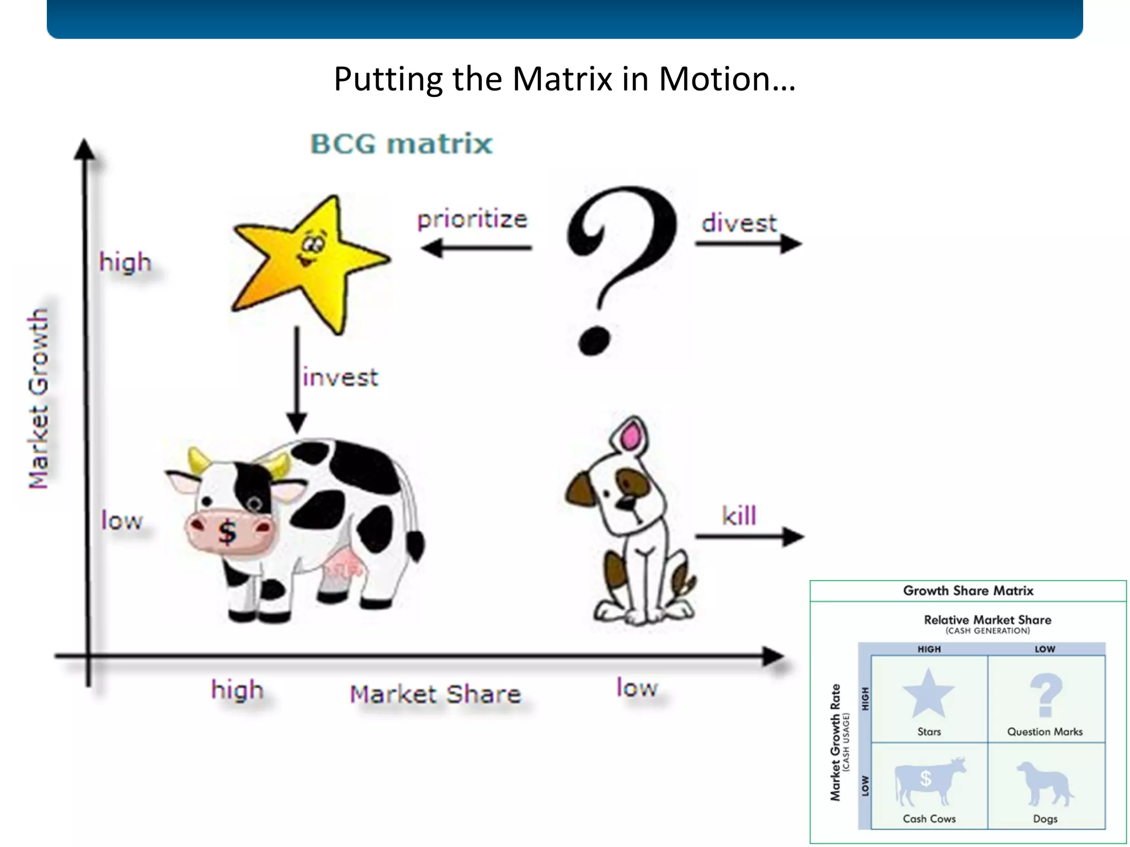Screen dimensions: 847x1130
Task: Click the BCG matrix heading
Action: (401, 144)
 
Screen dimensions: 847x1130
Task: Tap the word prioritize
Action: (472, 219)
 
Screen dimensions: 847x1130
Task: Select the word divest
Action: (739, 223)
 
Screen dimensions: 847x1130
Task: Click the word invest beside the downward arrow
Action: (340, 378)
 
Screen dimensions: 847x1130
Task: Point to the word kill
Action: (739, 516)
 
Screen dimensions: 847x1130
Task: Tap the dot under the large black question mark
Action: (594, 340)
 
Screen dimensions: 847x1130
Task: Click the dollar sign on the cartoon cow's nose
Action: (227, 532)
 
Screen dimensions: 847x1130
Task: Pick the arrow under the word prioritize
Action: (477, 248)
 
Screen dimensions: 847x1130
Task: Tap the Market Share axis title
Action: (435, 694)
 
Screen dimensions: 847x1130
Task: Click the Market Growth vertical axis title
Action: (39, 398)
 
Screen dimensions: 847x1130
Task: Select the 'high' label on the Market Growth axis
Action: (125, 262)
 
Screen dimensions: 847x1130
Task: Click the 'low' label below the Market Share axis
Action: (637, 688)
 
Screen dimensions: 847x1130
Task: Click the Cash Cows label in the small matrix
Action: (929, 819)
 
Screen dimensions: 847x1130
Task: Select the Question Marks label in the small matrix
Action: (1044, 732)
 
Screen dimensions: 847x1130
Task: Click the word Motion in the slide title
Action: (727, 79)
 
